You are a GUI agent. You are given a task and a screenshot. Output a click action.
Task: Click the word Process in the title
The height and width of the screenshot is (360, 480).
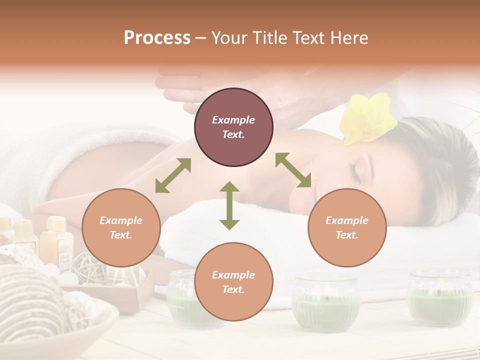click(x=157, y=38)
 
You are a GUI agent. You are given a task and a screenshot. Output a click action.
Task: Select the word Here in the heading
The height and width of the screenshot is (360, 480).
click(x=348, y=38)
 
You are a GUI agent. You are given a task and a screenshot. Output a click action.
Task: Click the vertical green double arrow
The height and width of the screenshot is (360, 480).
click(x=229, y=205)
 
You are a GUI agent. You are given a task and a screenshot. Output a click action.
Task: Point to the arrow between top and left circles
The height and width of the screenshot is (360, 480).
click(x=173, y=175)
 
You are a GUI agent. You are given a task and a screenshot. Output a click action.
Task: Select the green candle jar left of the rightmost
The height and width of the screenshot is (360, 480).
click(x=326, y=302)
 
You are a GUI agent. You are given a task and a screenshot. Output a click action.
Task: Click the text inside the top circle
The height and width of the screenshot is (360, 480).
click(x=233, y=127)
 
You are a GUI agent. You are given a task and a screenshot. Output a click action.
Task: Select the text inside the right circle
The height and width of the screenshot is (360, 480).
click(x=347, y=227)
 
